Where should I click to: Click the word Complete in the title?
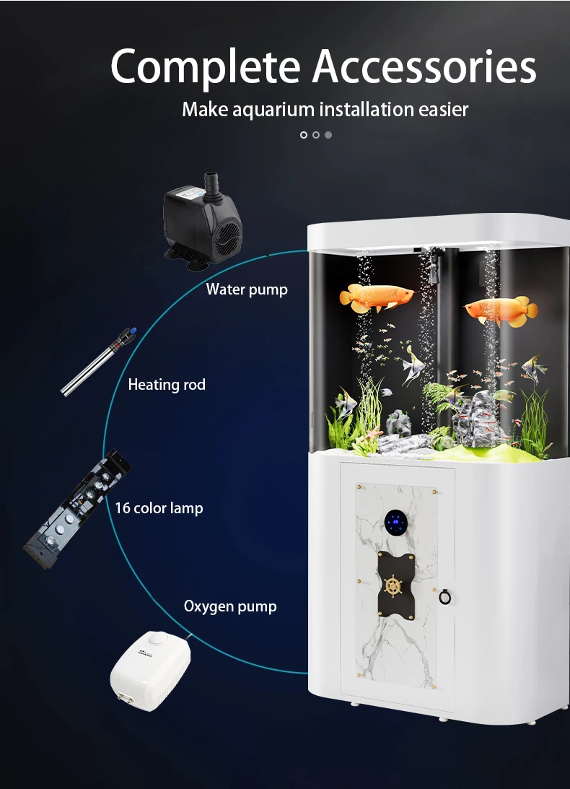(206, 67)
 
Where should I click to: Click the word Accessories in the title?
(425, 67)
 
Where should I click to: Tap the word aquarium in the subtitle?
(274, 110)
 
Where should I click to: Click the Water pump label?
(247, 289)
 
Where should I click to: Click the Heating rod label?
(167, 385)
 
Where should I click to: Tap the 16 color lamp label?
(159, 508)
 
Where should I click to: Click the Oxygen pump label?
(230, 606)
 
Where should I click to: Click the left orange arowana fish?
(377, 297)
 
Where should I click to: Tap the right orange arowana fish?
(501, 310)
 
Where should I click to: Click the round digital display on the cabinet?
(396, 522)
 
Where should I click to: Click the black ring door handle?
(445, 597)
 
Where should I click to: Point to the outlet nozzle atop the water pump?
(211, 180)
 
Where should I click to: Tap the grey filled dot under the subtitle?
(328, 135)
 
